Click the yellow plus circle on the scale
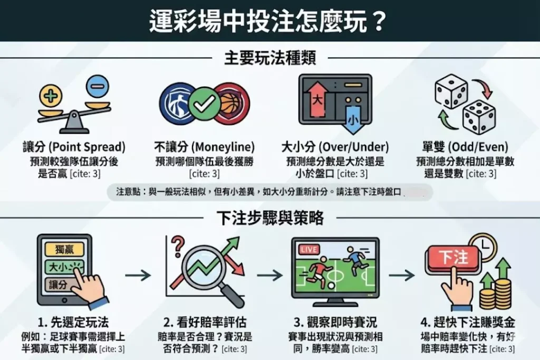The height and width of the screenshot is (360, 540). coord(51,95)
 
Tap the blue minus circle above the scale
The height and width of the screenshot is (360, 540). coord(98,87)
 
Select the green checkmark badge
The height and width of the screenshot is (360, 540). coord(205,103)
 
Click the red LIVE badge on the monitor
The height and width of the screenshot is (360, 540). coord(308,249)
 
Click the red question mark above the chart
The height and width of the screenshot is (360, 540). coord(178,246)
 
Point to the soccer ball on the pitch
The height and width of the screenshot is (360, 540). coord(331,285)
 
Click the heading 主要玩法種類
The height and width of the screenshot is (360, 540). coord(270,58)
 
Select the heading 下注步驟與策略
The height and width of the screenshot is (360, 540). coord(270,218)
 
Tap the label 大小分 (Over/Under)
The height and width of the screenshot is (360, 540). coord(335,147)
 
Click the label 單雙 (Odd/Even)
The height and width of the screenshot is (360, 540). coord(465,147)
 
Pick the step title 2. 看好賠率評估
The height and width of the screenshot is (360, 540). coord(205,322)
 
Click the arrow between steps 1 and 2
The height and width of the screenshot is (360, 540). coord(138,275)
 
